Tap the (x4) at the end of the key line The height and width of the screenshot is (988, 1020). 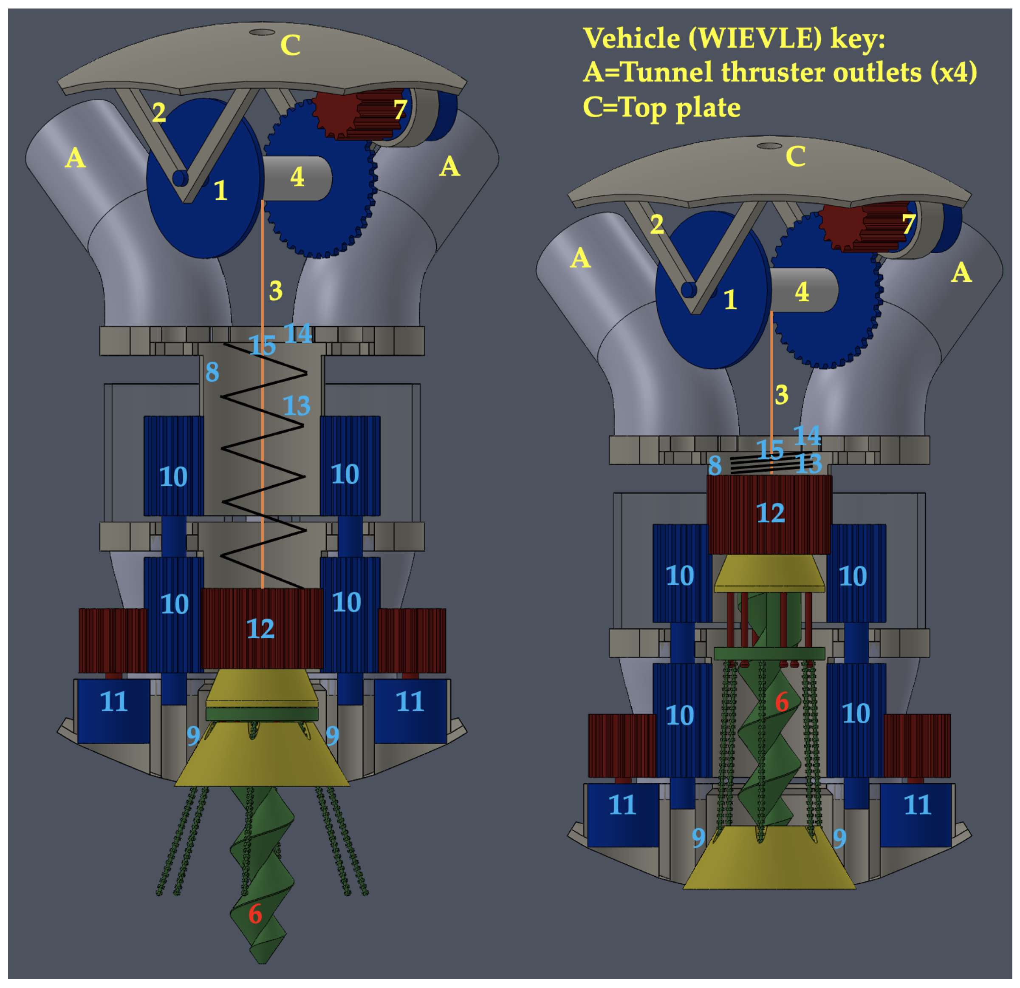coord(953,73)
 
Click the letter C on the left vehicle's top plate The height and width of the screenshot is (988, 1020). coord(291,45)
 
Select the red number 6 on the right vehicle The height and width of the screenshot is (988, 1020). coord(782,702)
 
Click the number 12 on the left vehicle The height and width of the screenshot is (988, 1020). coord(260,629)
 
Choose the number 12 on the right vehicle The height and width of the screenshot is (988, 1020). coord(770,513)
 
